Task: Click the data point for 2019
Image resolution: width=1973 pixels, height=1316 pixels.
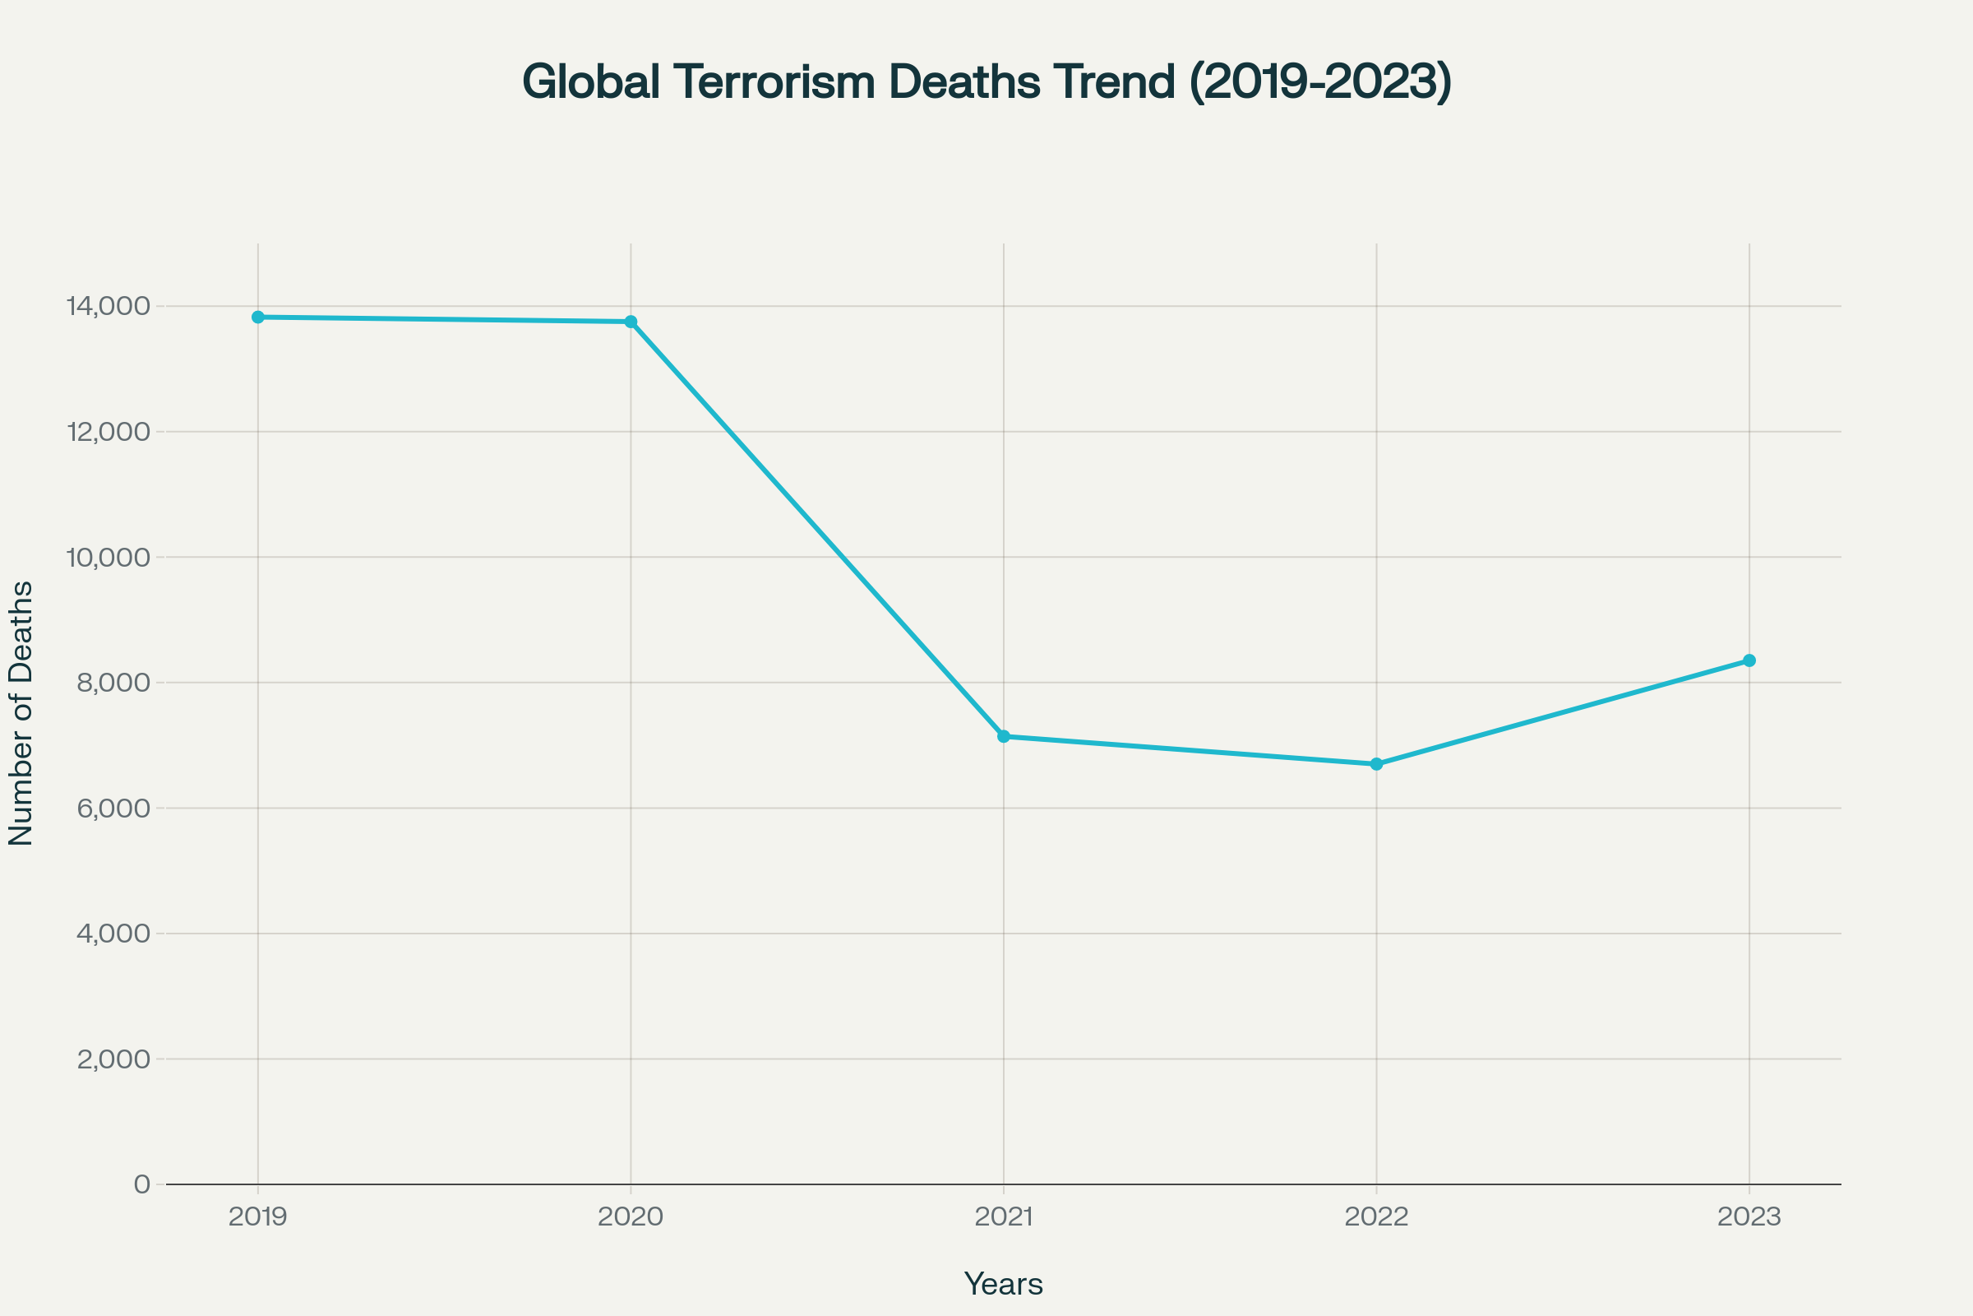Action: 257,317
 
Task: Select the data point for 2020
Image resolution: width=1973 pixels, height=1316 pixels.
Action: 631,322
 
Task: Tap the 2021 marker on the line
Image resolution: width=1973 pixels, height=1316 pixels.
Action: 1003,736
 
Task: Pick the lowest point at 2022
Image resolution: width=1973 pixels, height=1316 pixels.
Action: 1376,764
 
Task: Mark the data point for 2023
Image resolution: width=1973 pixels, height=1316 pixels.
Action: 1749,660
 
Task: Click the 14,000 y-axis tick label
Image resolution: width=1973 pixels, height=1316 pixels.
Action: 109,306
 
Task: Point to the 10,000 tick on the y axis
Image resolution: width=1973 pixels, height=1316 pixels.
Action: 109,558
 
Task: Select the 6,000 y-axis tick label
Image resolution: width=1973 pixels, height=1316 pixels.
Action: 113,809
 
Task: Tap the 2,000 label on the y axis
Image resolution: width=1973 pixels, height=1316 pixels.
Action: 113,1059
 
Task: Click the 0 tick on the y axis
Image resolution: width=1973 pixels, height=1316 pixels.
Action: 141,1184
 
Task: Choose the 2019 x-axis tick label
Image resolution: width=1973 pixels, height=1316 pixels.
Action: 257,1217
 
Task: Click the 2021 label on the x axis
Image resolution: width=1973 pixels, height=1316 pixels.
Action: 1003,1217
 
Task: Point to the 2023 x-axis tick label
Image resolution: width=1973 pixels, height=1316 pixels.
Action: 1749,1217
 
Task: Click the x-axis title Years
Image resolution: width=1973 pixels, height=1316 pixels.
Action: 1003,1284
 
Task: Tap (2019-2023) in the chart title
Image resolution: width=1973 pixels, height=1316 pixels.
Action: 1320,82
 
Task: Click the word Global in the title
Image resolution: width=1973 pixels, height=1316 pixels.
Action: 590,82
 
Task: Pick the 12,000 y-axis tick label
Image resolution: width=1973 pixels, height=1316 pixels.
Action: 109,433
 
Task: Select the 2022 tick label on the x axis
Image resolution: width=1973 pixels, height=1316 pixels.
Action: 1376,1217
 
